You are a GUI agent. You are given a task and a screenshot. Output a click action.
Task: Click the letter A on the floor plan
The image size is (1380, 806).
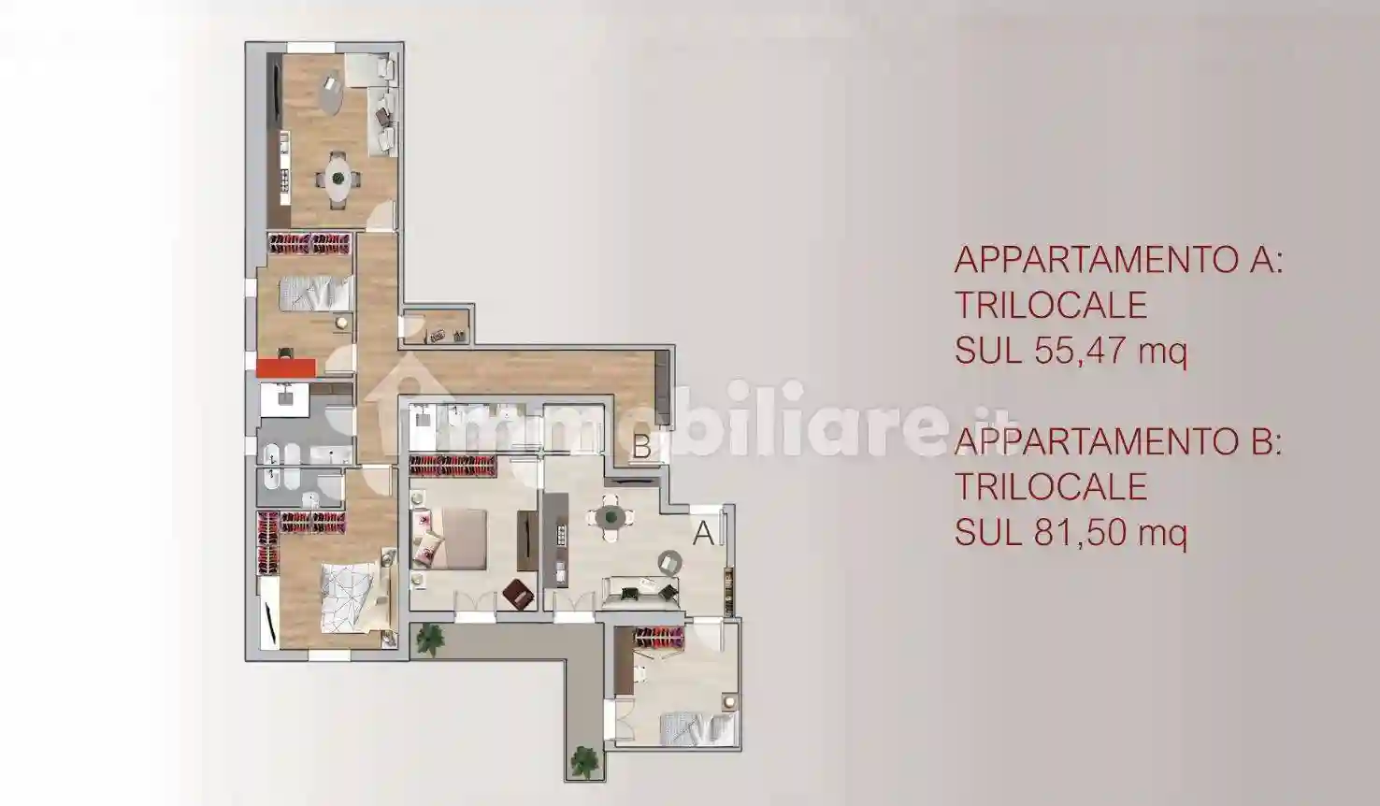pos(704,533)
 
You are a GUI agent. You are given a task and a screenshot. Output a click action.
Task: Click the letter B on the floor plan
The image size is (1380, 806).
pos(641,447)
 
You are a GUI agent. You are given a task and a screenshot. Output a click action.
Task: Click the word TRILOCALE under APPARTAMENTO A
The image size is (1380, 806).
pos(1050,305)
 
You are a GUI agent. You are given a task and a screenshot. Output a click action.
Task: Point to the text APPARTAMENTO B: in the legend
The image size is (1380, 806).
pos(1117,441)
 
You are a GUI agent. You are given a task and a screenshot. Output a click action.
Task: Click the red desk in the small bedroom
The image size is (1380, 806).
pos(285,366)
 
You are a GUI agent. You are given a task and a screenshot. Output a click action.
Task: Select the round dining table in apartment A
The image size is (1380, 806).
pos(610,517)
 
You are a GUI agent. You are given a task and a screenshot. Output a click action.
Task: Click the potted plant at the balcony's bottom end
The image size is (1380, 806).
pos(586,756)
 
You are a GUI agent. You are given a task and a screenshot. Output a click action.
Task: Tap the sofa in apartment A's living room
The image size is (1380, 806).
pos(640,590)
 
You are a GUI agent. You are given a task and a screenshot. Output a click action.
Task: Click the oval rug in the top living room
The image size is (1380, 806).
pos(333,94)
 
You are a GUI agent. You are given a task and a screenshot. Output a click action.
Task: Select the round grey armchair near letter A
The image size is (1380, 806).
pos(669,562)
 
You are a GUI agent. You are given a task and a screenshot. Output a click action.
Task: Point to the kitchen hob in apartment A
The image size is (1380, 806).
pos(561,535)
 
